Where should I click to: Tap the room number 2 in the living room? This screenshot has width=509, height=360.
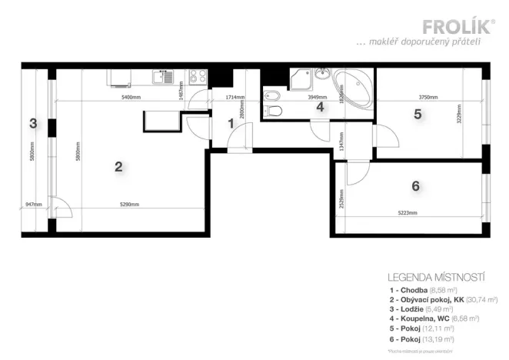tap(118, 165)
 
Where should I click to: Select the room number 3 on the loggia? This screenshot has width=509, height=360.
tap(32, 123)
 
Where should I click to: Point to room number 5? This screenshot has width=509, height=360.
tap(418, 115)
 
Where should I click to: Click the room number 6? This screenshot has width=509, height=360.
tap(415, 185)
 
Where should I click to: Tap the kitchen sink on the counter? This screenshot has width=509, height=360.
tap(164, 76)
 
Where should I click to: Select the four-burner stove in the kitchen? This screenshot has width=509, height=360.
tap(196, 77)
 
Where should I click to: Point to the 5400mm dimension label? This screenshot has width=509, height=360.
tap(131, 98)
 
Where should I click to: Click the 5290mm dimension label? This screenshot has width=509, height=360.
tap(129, 205)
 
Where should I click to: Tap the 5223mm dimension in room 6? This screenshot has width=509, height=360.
tap(407, 213)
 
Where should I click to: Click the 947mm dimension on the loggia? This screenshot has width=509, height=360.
tap(32, 205)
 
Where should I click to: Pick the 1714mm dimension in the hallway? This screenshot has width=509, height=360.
tap(235, 98)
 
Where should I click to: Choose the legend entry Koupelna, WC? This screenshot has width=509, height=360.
tap(434, 318)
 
